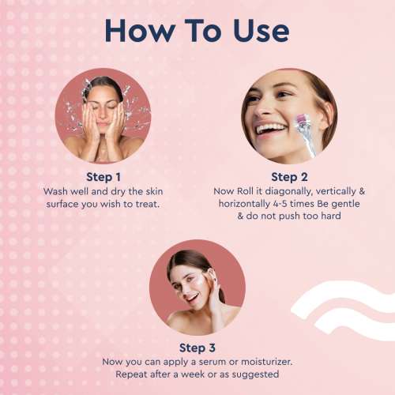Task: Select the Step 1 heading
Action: pos(105,177)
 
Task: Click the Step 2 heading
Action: pos(290,177)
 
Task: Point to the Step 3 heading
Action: pos(197,348)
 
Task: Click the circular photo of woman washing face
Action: pos(104,115)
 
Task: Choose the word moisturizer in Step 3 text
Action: pos(263,361)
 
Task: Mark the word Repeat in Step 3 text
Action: pos(132,374)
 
